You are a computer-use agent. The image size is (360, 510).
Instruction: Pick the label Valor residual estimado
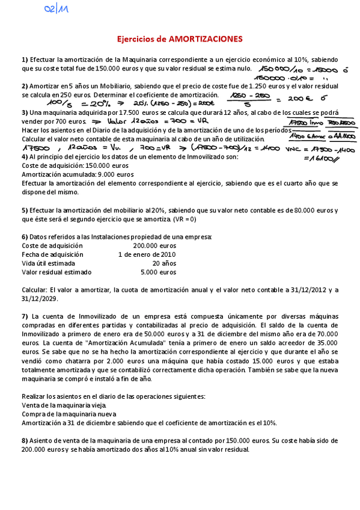coord(55,272)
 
